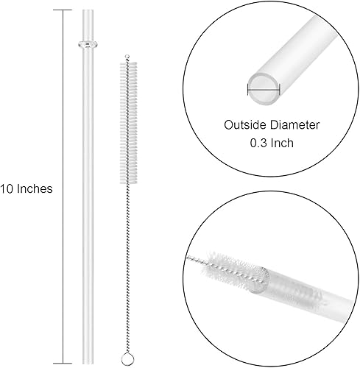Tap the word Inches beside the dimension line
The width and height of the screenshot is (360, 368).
(37, 188)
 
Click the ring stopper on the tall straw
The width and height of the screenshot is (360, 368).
(88, 45)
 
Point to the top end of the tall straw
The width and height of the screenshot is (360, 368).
(88, 10)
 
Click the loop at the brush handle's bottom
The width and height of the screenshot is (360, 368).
(132, 355)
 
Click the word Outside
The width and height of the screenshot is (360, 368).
(242, 126)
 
